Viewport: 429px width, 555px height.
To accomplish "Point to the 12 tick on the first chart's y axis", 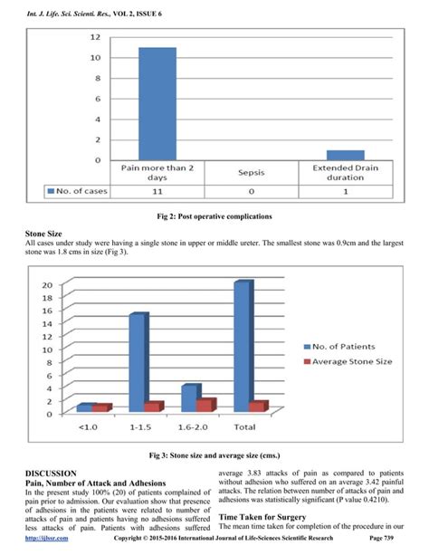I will click(x=94, y=37).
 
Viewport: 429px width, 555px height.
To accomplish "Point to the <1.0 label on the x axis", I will click(x=89, y=426).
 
